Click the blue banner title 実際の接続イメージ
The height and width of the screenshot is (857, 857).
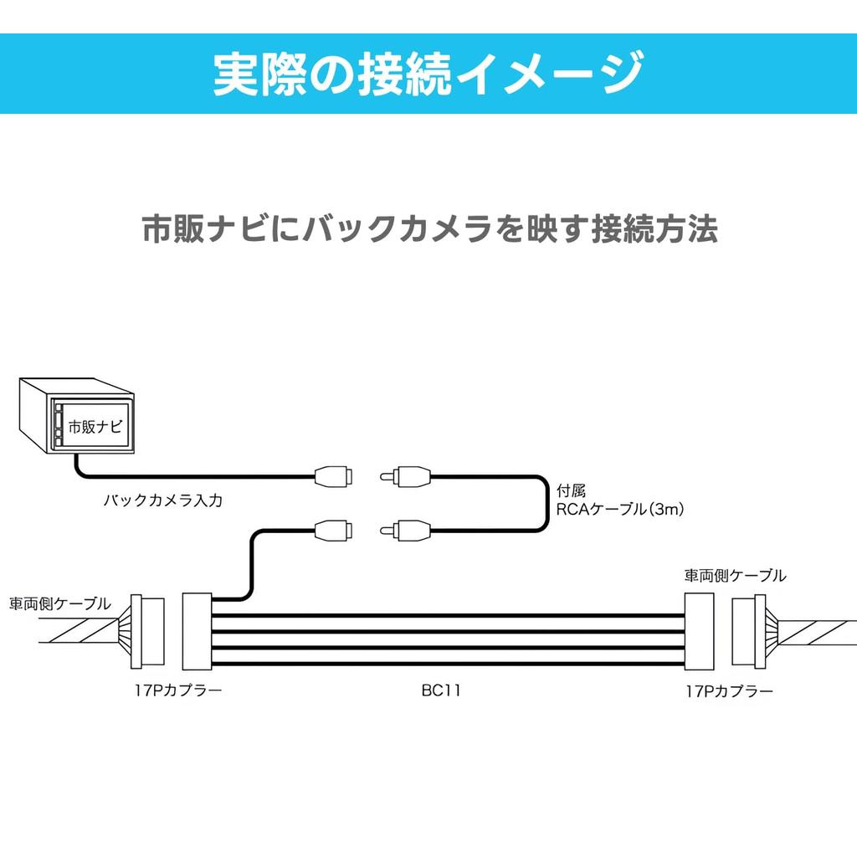(428, 73)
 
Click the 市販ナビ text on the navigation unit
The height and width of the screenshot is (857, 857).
(95, 427)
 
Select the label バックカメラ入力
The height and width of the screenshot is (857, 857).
(163, 501)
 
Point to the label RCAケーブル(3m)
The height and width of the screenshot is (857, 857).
(620, 508)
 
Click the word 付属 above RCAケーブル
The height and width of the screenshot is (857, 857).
(571, 490)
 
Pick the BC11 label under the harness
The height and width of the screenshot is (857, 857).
(441, 691)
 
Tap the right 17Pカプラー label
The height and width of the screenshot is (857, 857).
(728, 691)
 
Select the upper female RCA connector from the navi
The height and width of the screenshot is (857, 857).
(334, 477)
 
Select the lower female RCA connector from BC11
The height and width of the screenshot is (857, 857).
(334, 529)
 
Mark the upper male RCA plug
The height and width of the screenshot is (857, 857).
(405, 477)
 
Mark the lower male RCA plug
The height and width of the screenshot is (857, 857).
(405, 529)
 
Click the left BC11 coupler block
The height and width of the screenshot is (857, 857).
(198, 632)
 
